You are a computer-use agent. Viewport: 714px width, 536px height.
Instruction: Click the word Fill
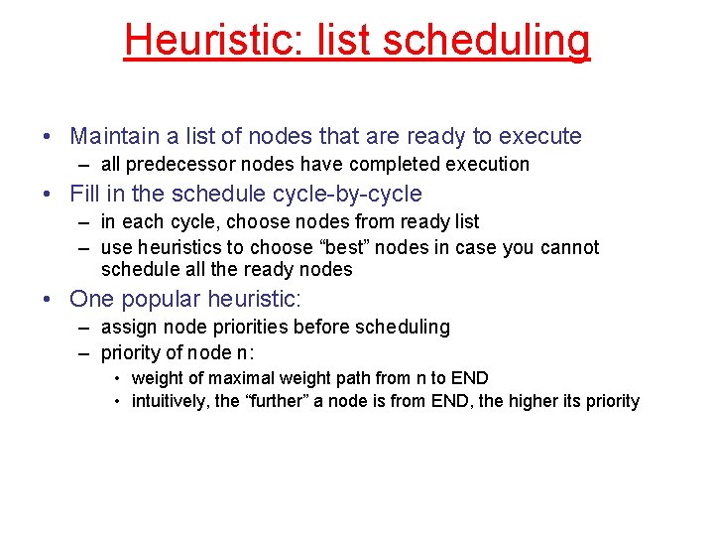click(85, 194)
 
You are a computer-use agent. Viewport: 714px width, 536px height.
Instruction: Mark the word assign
click(127, 327)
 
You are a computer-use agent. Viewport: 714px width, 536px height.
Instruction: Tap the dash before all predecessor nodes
click(86, 165)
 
